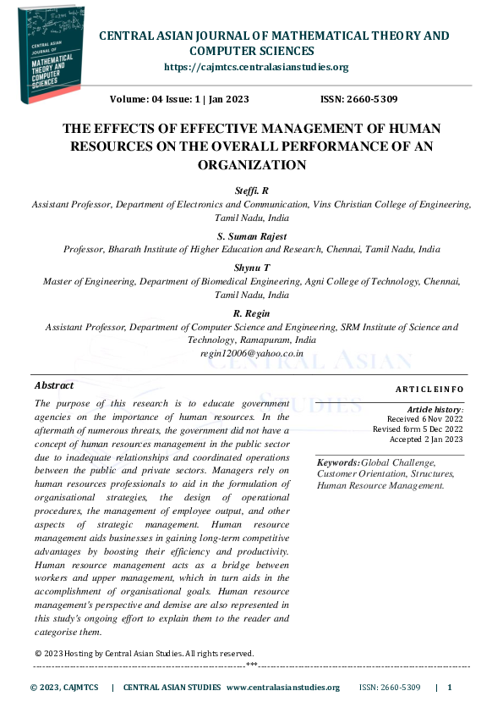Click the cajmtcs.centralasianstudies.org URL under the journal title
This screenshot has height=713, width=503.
click(255, 67)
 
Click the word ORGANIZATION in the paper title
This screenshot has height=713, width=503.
click(250, 165)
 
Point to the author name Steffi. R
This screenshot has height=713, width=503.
click(251, 191)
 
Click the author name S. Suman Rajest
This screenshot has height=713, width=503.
click(251, 237)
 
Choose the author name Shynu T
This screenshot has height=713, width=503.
click(251, 268)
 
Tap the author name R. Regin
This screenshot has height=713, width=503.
click(251, 313)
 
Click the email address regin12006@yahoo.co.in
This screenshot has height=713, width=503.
click(251, 352)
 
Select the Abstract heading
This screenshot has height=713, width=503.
click(53, 385)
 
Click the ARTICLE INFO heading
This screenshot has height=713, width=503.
click(429, 389)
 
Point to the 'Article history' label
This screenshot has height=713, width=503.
click(435, 409)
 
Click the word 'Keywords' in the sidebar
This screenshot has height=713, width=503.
click(337, 462)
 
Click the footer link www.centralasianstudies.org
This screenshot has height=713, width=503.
click(283, 688)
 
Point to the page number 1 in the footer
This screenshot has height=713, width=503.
click(450, 688)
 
